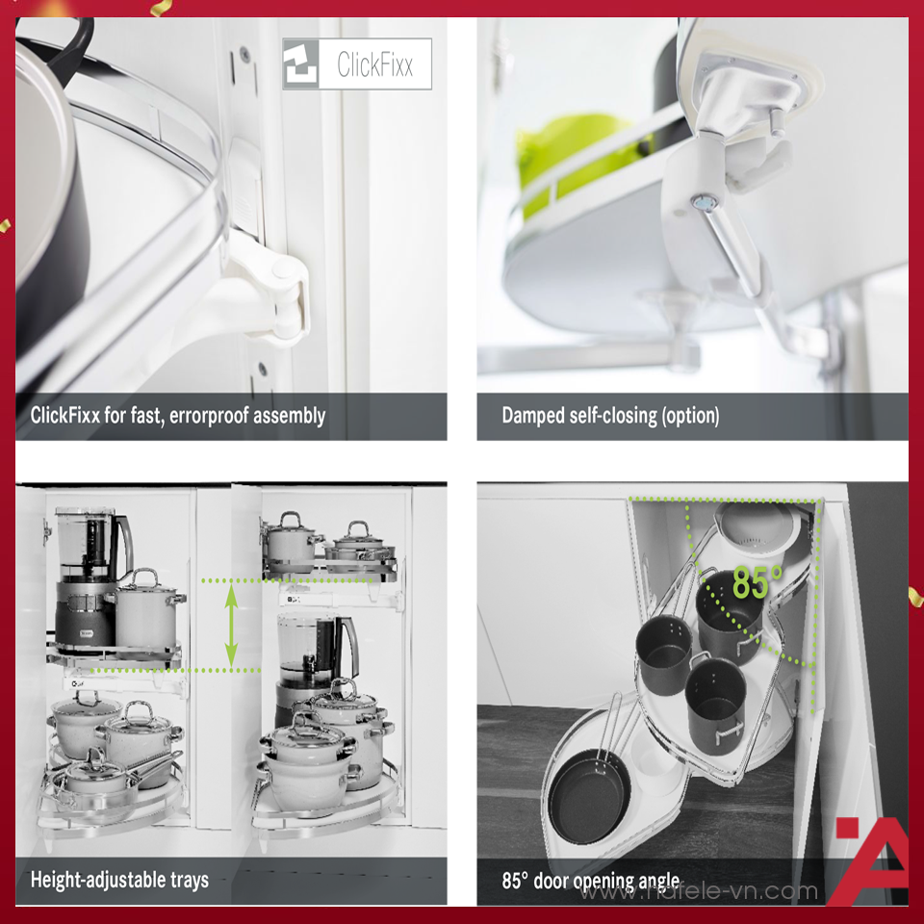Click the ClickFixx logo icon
click(300, 64)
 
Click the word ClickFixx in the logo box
click(374, 64)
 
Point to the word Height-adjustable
click(98, 879)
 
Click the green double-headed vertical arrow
click(231, 626)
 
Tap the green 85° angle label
click(757, 582)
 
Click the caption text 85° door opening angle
click(590, 881)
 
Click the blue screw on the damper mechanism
click(706, 203)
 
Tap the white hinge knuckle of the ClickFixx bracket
click(286, 297)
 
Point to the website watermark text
click(700, 890)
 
